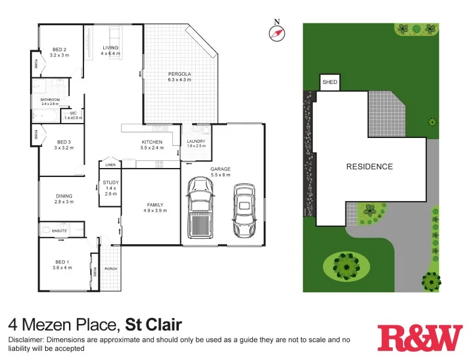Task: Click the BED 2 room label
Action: tap(59, 49)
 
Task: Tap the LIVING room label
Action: tap(110, 47)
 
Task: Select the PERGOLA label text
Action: tap(179, 74)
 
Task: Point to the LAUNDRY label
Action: tap(196, 142)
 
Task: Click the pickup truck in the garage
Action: tap(200, 209)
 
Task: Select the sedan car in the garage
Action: tap(244, 210)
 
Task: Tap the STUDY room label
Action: tap(110, 182)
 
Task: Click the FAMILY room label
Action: tap(153, 205)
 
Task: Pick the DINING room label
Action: tap(64, 196)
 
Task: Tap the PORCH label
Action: tap(111, 269)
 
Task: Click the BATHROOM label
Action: tap(50, 100)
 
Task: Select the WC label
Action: tap(73, 113)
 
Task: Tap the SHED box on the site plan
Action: tap(330, 82)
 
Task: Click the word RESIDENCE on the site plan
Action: tap(369, 167)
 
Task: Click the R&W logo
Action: tap(420, 338)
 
